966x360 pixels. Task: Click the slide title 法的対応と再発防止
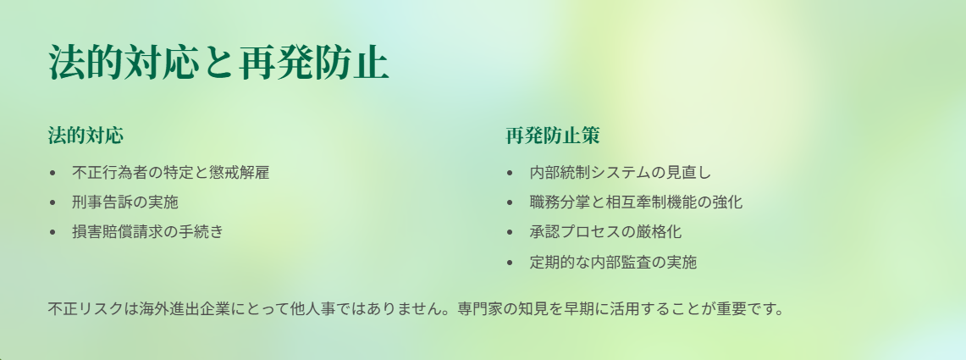coord(218,63)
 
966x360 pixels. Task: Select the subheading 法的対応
coord(86,135)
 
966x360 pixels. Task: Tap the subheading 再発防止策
coord(553,135)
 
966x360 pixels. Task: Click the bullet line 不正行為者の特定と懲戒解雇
coord(171,172)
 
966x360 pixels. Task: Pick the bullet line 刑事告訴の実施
coord(125,202)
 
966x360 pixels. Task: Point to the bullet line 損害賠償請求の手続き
coord(148,231)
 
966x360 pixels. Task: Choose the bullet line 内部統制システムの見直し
coord(621,172)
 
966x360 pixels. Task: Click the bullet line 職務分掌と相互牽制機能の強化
coord(636,202)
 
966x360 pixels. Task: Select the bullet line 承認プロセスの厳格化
coord(605,231)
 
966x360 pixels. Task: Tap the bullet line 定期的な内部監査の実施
coord(613,262)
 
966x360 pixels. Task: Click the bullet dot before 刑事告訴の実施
coord(52,202)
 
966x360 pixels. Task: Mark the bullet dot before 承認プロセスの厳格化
coord(510,232)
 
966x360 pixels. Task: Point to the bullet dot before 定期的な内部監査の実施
coord(510,262)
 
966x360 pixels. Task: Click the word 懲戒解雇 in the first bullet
coord(240,172)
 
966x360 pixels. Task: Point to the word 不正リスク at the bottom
coord(86,308)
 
